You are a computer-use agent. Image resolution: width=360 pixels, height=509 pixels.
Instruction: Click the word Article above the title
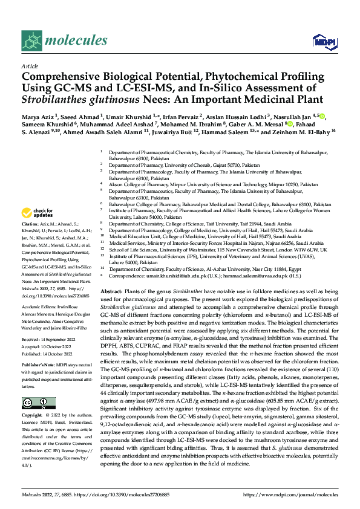click(x=29, y=66)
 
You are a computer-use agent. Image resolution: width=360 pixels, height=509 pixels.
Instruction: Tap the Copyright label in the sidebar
click(x=32, y=417)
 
